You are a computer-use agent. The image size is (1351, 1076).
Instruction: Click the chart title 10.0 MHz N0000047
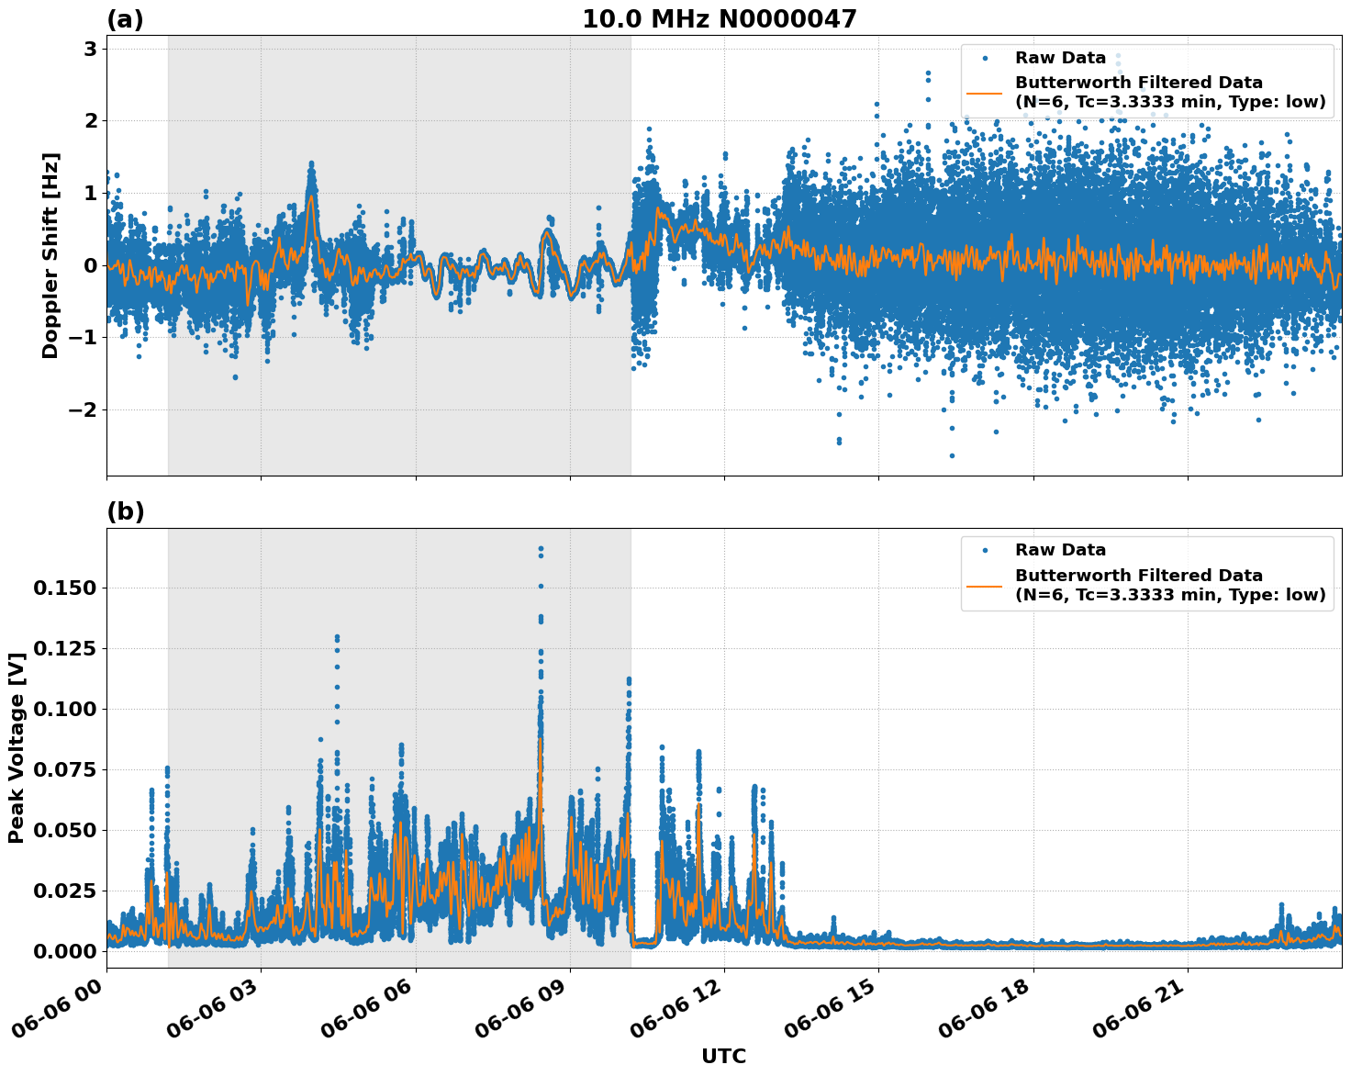click(x=719, y=19)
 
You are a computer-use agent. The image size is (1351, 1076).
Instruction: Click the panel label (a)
click(x=125, y=19)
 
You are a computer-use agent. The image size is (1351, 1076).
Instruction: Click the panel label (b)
click(x=125, y=511)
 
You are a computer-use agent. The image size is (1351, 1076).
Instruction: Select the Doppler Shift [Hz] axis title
click(x=50, y=255)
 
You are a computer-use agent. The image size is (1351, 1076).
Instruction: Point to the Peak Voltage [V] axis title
click(x=16, y=747)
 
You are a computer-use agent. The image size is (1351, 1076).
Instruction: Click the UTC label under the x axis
click(x=723, y=1056)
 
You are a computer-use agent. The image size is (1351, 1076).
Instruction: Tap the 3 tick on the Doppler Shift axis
click(x=91, y=49)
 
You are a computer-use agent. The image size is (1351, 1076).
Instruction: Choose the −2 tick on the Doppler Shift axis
click(x=84, y=409)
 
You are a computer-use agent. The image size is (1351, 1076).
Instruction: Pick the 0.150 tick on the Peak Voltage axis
click(x=64, y=588)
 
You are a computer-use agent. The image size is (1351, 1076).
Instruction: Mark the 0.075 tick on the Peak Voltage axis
click(x=64, y=769)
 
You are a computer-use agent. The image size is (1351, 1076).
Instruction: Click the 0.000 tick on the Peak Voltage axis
click(x=64, y=951)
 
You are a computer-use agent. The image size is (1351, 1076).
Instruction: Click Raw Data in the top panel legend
click(x=1060, y=58)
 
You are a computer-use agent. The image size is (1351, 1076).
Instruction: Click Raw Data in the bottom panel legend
click(x=1060, y=550)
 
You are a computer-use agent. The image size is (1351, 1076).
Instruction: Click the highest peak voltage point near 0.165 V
click(x=541, y=549)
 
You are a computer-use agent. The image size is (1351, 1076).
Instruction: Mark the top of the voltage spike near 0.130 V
click(x=337, y=636)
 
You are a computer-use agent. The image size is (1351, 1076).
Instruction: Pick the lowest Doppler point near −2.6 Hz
click(x=952, y=455)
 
